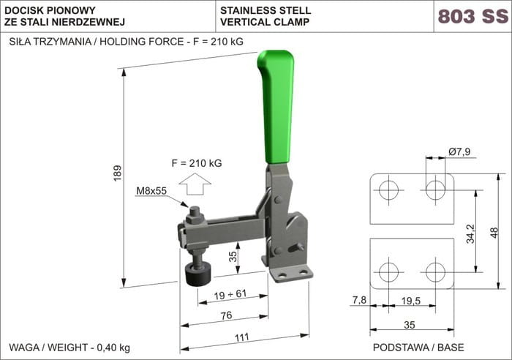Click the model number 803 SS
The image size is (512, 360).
473,16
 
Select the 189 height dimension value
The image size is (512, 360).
117,173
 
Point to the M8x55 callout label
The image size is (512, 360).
151,191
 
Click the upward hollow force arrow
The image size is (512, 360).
195,184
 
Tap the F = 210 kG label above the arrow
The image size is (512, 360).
197,163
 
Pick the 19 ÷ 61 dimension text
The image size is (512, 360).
230,294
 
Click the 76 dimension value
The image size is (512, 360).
226,315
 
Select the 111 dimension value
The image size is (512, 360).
242,337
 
